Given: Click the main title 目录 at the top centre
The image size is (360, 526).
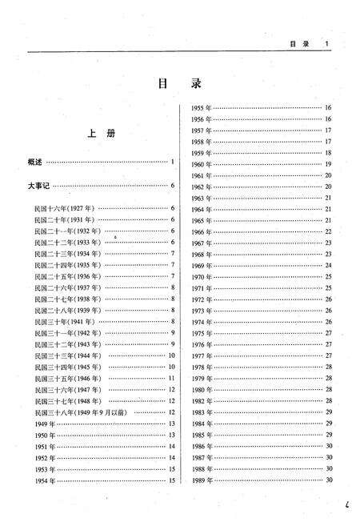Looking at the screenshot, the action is (179, 83).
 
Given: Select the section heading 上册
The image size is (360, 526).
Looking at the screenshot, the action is (100, 134).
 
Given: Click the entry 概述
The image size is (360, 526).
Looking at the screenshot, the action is (35, 163).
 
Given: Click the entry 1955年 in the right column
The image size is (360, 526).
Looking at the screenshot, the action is (201, 107).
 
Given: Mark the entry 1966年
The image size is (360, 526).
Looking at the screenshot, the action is (201, 231).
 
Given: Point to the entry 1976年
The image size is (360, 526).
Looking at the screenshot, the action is (201, 344).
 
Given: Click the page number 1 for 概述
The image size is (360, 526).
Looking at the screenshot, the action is (172, 163).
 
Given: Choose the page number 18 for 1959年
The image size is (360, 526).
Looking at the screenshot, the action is (328, 152).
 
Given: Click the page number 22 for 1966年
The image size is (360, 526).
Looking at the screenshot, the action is (328, 231).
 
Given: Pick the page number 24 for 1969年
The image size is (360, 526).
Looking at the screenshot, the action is (328, 265).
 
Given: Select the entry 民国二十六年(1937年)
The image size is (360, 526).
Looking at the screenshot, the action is (68, 287).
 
